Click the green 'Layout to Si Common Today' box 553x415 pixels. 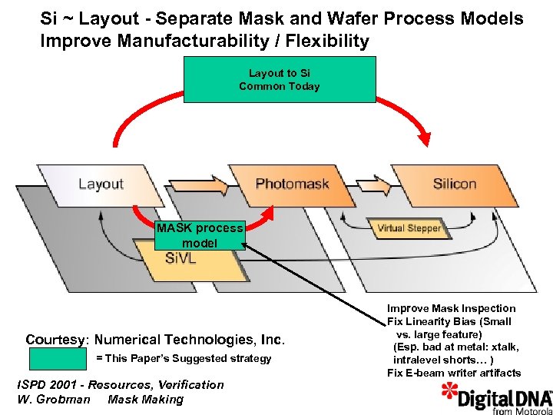pos(279,79)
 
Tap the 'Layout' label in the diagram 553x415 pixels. pos(101,184)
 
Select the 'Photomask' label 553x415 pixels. pos(292,184)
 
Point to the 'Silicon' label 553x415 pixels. pos(455,184)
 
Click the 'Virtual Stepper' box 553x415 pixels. pos(409,228)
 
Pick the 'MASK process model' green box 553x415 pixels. pos(200,235)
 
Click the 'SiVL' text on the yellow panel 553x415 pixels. pos(181,259)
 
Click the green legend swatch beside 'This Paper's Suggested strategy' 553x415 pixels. pos(57,359)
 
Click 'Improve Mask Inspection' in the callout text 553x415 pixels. pos(452,308)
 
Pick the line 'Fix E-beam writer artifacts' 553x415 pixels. pos(454,373)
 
